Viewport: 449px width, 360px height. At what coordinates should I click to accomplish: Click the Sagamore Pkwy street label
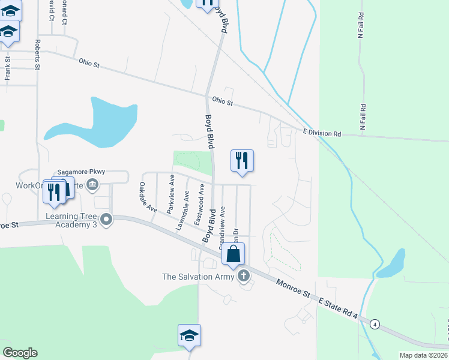81,172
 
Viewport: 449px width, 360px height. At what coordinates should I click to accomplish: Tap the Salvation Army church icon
243,276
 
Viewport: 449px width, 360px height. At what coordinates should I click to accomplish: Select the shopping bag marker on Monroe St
234,254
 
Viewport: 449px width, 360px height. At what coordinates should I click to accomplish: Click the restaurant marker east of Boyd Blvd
242,161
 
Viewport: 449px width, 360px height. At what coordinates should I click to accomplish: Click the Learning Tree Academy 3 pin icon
107,220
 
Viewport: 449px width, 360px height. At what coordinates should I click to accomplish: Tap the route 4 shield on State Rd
375,323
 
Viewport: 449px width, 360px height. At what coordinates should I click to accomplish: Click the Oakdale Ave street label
148,198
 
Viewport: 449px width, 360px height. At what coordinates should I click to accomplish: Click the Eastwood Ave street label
199,205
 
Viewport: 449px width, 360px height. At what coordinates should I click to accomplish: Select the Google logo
20,353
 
